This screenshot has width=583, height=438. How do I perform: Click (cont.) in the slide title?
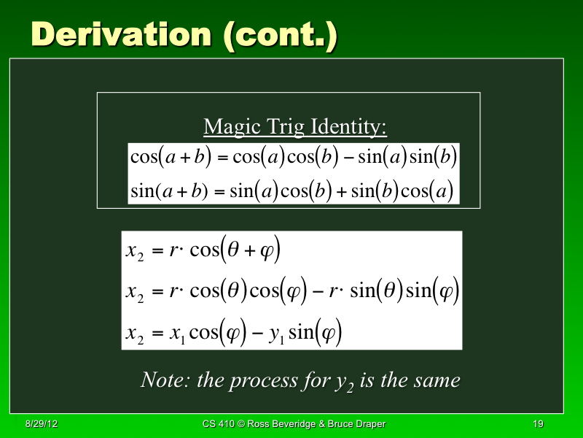tap(281, 36)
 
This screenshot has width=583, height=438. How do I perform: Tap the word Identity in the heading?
tap(349, 127)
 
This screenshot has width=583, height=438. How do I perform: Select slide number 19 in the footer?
tap(539, 424)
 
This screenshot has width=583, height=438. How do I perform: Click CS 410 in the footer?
tap(222, 424)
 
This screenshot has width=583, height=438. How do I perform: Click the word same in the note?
tap(436, 380)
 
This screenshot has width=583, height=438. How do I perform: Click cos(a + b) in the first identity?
tap(168, 157)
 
